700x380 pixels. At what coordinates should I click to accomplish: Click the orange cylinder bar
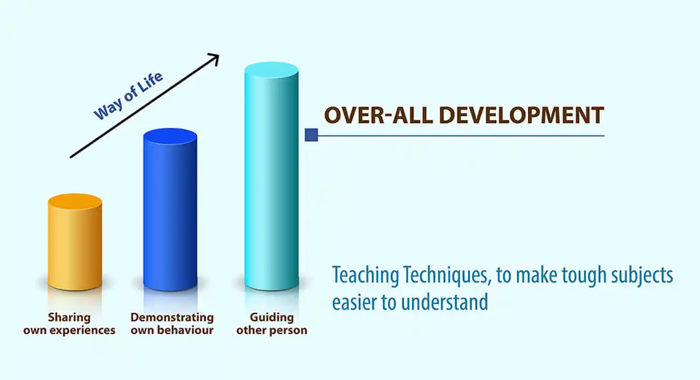[x=75, y=242]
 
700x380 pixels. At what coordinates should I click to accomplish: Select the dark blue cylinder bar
[x=170, y=210]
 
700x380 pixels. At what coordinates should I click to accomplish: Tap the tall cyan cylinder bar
[x=272, y=176]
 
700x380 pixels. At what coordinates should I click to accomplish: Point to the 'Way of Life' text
[x=128, y=96]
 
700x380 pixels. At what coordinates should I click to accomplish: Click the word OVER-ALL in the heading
[x=379, y=115]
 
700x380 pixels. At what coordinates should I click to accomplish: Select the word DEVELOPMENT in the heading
[x=521, y=115]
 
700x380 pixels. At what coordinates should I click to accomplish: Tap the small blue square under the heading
[x=311, y=135]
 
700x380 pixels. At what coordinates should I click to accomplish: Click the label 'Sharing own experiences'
[x=69, y=324]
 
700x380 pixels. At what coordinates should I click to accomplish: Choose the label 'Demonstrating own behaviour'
[x=172, y=324]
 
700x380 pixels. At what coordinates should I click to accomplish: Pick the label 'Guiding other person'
[x=272, y=324]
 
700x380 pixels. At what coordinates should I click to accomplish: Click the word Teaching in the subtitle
[x=365, y=276]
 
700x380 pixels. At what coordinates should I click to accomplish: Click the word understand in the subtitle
[x=444, y=302]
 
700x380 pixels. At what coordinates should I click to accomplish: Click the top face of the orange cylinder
[x=75, y=201]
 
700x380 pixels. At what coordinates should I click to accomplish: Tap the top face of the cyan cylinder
[x=272, y=70]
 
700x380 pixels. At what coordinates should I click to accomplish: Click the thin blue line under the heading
[x=461, y=136]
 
